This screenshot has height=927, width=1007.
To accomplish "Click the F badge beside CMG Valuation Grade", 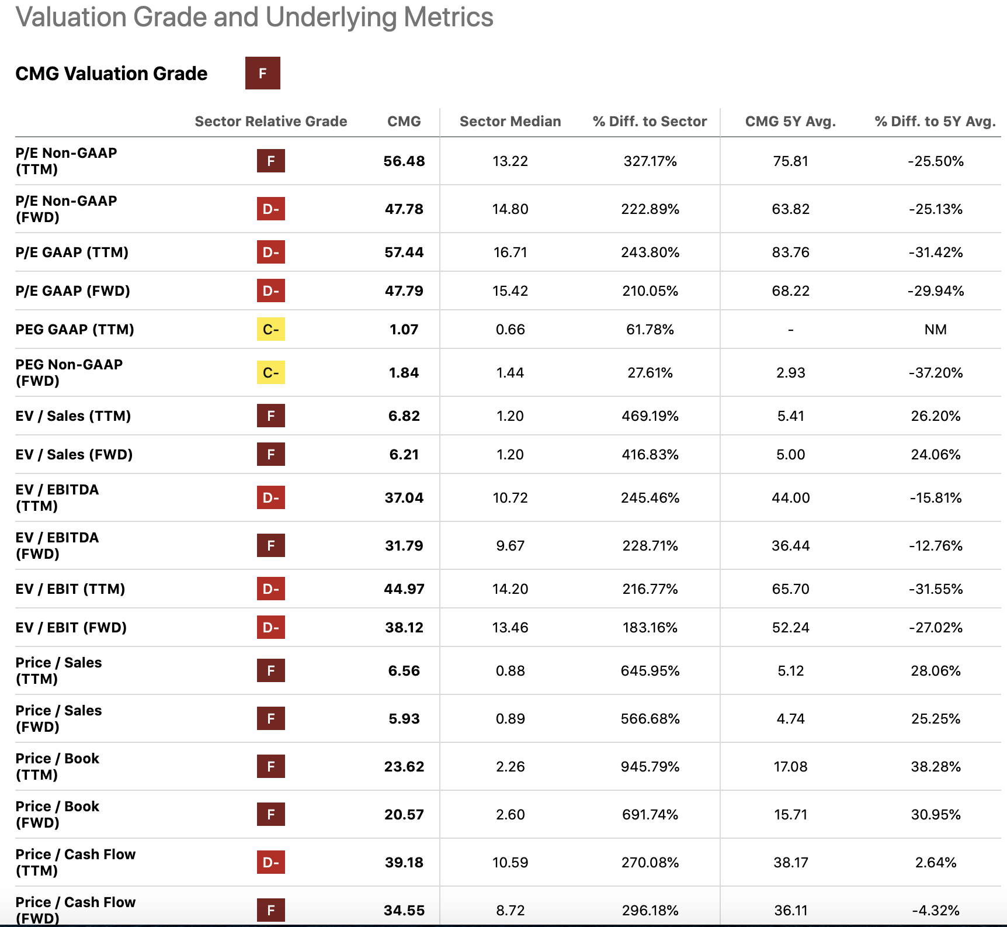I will pyautogui.click(x=262, y=73).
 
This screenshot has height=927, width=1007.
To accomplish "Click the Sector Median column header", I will pyautogui.click(x=510, y=122).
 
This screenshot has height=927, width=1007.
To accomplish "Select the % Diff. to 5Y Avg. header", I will pyautogui.click(x=935, y=122).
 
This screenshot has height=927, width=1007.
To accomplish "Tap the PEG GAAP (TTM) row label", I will pyautogui.click(x=75, y=330).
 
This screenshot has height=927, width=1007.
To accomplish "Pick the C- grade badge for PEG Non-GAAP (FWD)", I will pyautogui.click(x=270, y=373).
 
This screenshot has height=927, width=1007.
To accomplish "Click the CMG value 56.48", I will pyautogui.click(x=404, y=161).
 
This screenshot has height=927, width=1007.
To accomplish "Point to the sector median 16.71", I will pyautogui.click(x=510, y=252).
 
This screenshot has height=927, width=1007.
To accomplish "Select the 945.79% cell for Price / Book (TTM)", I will pyautogui.click(x=650, y=767).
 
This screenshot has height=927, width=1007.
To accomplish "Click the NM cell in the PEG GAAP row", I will pyautogui.click(x=935, y=330).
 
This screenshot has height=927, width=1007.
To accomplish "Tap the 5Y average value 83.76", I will pyautogui.click(x=790, y=252).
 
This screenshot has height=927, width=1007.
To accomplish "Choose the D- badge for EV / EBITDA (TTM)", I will pyautogui.click(x=270, y=498).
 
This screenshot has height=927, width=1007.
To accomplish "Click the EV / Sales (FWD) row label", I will pyautogui.click(x=74, y=455).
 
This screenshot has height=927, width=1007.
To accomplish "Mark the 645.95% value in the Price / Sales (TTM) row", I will pyautogui.click(x=650, y=671).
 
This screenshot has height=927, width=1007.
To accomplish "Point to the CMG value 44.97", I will pyautogui.click(x=404, y=589).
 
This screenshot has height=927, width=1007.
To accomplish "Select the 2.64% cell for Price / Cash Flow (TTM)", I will pyautogui.click(x=935, y=863).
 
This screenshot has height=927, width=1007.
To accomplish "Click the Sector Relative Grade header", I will pyautogui.click(x=270, y=122).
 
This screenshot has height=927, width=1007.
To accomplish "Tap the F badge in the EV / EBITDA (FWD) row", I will pyautogui.click(x=270, y=546).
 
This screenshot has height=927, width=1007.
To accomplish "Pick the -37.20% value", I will pyautogui.click(x=935, y=373).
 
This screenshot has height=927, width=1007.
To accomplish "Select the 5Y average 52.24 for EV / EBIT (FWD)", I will pyautogui.click(x=790, y=628).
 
